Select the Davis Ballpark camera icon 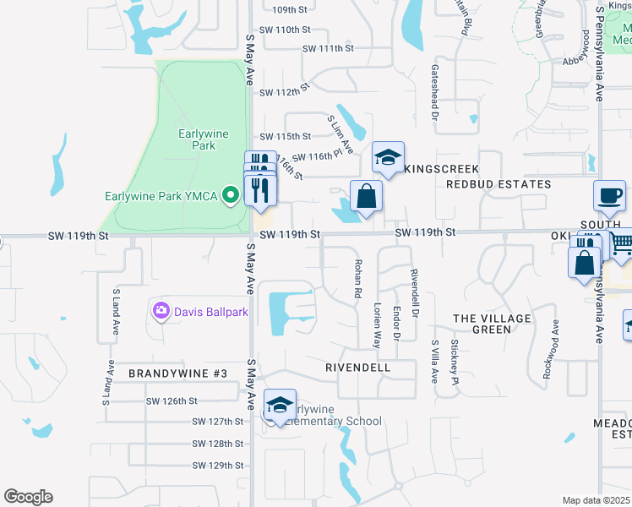pyautogui.click(x=161, y=312)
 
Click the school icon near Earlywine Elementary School pyautogui.click(x=281, y=405)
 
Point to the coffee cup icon pyautogui.click(x=609, y=196)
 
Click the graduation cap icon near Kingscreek pyautogui.click(x=388, y=157)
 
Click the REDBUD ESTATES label pyautogui.click(x=499, y=184)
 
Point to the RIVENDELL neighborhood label pyautogui.click(x=357, y=368)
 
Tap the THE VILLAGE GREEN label pyautogui.click(x=493, y=324)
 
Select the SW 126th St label pyautogui.click(x=172, y=401)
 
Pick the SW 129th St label pyautogui.click(x=217, y=466)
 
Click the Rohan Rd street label pyautogui.click(x=358, y=278)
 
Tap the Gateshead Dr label pyautogui.click(x=435, y=94)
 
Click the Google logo pyautogui.click(x=28, y=497)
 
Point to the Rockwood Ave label pyautogui.click(x=555, y=339)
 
